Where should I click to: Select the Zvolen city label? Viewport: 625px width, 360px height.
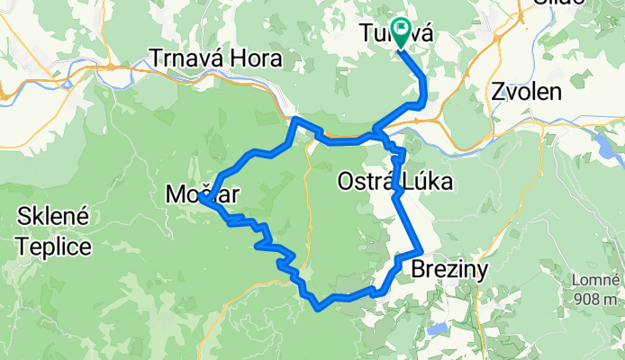(527, 91)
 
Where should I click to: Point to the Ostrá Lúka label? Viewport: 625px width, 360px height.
(394, 182)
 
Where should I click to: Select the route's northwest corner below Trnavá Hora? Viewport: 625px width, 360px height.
(295, 119)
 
